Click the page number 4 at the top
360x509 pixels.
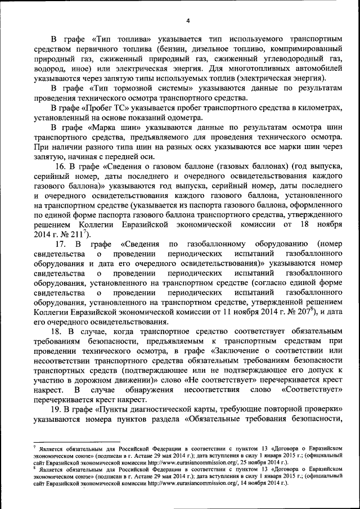click(x=188, y=21)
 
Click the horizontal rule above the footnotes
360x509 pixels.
click(x=76, y=442)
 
